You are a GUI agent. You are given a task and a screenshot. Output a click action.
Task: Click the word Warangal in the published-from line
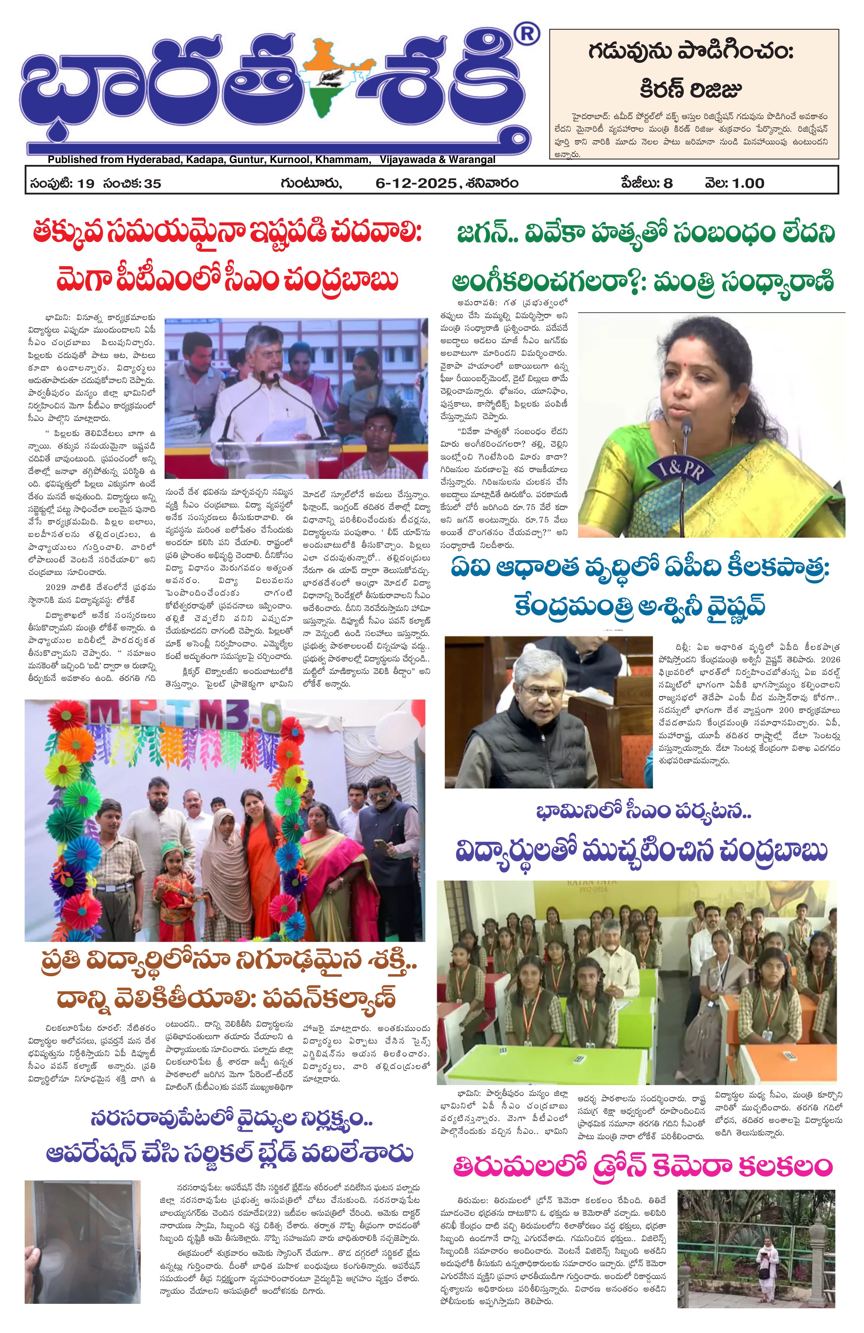tap(472, 160)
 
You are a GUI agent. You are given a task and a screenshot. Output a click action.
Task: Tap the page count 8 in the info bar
tap(667, 183)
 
